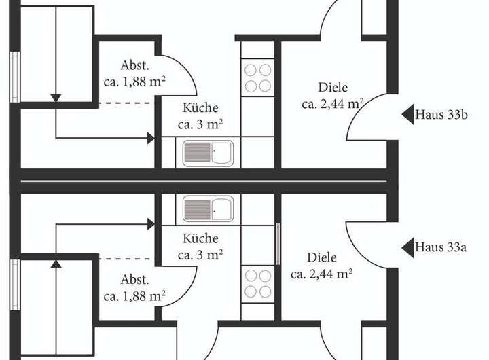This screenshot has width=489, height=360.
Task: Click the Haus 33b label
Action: point(441,115)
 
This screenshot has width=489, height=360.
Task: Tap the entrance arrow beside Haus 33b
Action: point(407,115)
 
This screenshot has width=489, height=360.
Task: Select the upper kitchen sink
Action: point(207,152)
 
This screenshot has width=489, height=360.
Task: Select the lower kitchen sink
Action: point(207,208)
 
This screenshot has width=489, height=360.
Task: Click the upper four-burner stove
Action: point(257,77)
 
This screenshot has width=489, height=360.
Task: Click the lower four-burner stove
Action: point(257,283)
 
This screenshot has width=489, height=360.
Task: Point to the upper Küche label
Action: point(200,108)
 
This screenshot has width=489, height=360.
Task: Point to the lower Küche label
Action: point(200,239)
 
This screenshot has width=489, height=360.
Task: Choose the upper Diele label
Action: point(333,88)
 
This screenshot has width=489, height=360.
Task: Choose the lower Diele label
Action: point(322,258)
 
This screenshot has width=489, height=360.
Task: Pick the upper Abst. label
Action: point(134,66)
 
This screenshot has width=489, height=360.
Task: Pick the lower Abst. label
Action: point(134,280)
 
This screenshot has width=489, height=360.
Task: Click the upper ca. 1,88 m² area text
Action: point(134,82)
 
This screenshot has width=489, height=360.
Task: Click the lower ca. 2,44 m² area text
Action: point(322,274)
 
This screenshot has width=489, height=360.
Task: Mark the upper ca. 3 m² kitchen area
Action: point(200,124)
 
